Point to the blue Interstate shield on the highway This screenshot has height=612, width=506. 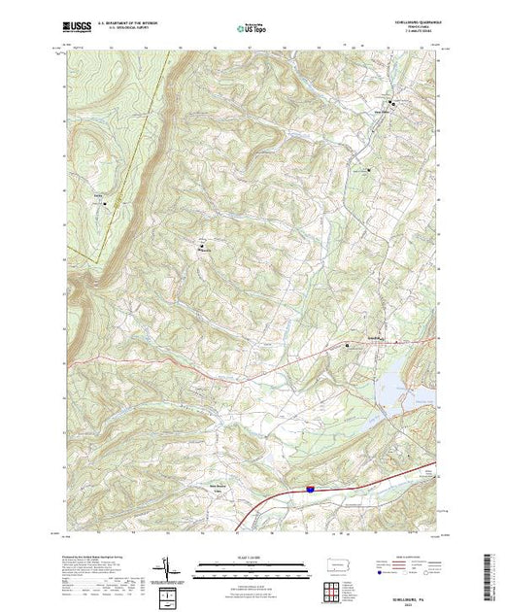coord(308,493)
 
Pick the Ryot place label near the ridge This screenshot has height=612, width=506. coord(98,198)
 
